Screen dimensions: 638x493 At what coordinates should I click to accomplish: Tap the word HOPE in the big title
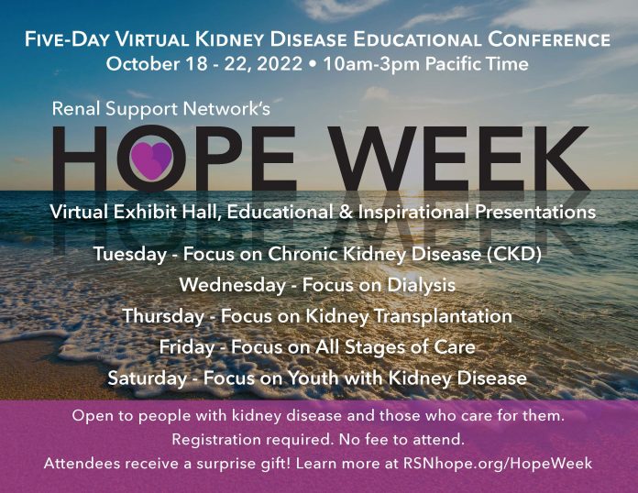(174, 159)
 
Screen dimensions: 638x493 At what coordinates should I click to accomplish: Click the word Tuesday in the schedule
(130, 255)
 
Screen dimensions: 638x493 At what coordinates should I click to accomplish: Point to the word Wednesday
(233, 285)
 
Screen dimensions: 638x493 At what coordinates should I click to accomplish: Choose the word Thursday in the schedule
(163, 316)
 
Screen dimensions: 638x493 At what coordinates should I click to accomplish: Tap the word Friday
(187, 347)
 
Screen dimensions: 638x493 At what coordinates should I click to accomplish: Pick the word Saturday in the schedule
(148, 378)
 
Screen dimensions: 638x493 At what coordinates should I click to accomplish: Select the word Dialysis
(421, 285)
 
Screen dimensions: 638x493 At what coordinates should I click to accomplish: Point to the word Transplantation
(443, 316)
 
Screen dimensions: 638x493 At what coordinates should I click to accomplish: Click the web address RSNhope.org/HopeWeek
(498, 464)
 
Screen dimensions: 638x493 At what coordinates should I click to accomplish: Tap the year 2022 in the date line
(280, 64)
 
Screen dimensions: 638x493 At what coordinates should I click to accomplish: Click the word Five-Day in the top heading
(67, 40)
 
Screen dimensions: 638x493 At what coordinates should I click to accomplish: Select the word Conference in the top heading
(549, 39)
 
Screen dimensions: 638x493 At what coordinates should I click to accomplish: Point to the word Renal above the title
(76, 109)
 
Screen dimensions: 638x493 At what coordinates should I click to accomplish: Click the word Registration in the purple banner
(216, 440)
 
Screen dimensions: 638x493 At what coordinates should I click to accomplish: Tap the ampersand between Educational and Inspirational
(346, 213)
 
